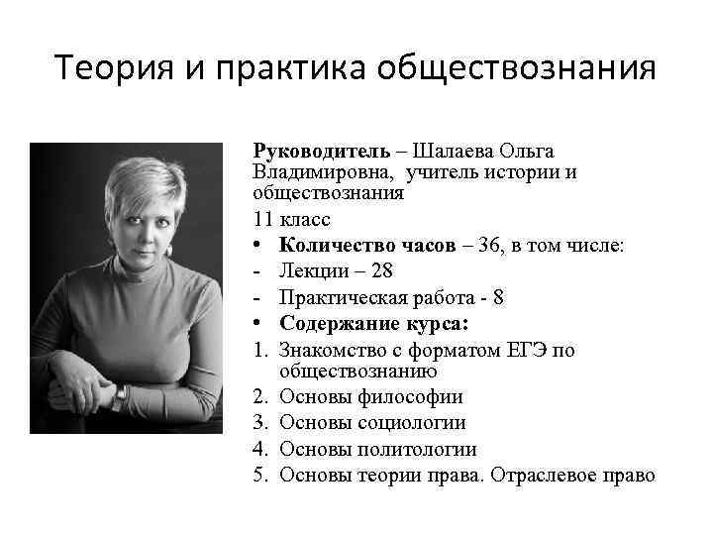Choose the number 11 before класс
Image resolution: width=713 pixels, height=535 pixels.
(264, 219)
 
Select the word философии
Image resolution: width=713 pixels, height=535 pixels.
(410, 397)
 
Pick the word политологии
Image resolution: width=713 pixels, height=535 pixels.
(421, 449)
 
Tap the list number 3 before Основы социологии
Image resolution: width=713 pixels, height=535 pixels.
(259, 423)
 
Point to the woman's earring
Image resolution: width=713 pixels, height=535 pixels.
(167, 252)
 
